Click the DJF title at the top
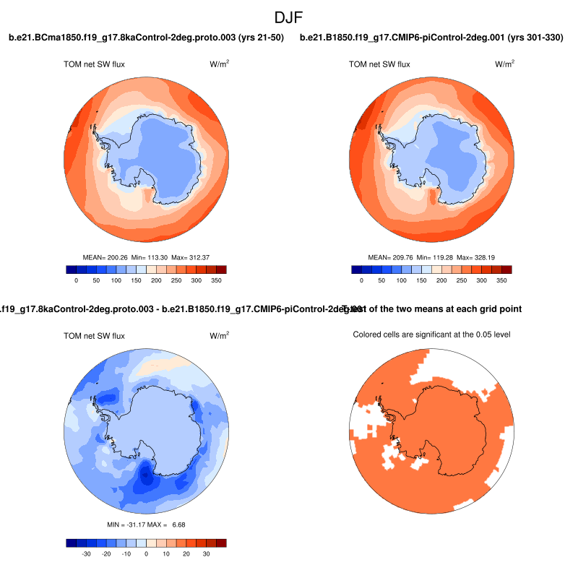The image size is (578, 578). point(289,16)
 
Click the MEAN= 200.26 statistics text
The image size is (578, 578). point(106,256)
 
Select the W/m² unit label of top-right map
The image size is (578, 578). point(505,64)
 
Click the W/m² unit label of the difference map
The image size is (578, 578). point(220,336)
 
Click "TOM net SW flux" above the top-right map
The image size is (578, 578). point(379,64)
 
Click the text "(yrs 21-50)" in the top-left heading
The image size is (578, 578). point(256,37)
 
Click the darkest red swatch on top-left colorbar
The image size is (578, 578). point(221,269)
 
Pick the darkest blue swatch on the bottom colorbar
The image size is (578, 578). point(71,543)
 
